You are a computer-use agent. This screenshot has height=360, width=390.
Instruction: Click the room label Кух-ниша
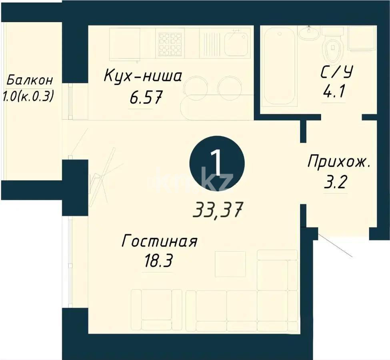click(x=143, y=76)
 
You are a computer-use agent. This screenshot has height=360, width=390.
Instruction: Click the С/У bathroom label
click(x=337, y=73)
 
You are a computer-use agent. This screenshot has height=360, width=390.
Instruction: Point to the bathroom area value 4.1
click(x=334, y=93)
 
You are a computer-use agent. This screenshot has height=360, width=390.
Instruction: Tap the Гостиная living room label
click(x=159, y=242)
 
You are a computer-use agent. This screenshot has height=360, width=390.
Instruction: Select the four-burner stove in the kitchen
click(x=171, y=43)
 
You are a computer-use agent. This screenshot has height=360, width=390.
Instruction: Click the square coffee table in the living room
click(x=230, y=264)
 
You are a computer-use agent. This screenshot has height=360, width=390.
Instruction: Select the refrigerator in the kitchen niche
click(x=124, y=43)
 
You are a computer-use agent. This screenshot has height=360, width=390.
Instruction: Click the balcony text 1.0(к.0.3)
click(x=29, y=96)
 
